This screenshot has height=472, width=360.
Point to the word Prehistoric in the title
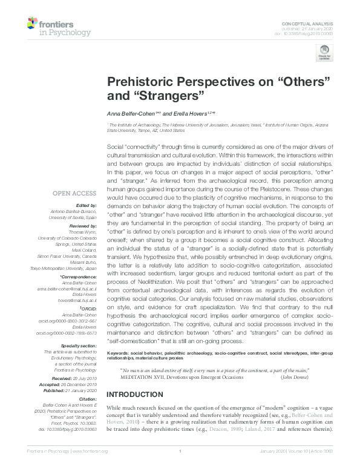(139, 82)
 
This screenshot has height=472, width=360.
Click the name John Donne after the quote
(297, 377)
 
